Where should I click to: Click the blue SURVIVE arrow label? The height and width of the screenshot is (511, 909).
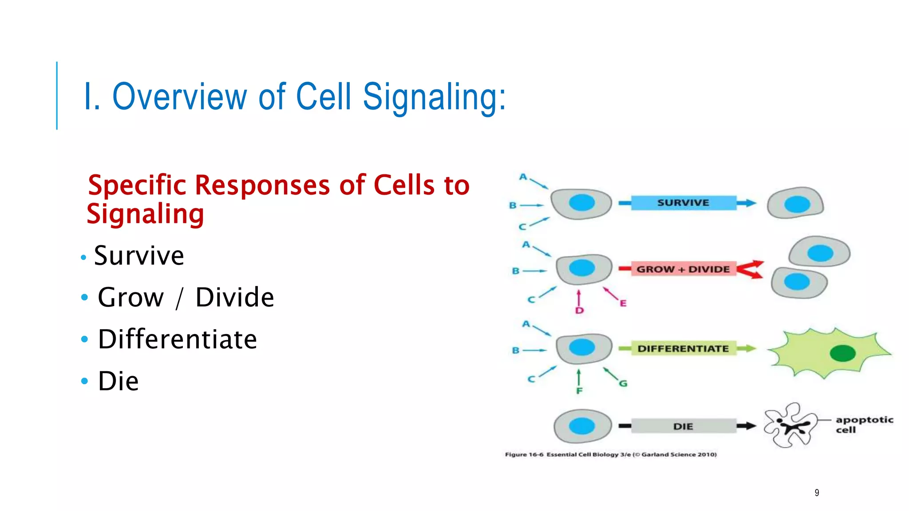point(683,203)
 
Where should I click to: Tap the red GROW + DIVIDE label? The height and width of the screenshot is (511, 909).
point(683,269)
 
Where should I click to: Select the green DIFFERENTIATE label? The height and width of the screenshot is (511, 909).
point(683,349)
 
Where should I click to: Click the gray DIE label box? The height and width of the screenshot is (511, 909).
point(683,426)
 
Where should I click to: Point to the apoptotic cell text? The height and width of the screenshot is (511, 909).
point(864,425)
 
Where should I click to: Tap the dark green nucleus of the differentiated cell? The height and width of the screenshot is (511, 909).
point(842,354)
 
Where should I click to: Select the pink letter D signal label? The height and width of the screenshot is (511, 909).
point(579,311)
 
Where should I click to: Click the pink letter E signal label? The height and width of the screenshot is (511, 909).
point(623,303)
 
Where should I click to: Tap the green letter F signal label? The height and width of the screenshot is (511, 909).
point(579,391)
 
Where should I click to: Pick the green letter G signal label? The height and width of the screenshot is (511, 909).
point(623,383)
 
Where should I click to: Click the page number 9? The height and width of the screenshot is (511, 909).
point(817,493)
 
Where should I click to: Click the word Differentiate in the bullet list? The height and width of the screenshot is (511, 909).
point(178,339)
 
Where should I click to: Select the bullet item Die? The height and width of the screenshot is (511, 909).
point(118,381)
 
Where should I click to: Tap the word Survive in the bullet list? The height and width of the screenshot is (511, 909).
point(139,255)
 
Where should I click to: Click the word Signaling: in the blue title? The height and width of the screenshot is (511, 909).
point(434,97)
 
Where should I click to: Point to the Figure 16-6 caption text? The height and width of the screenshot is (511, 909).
point(611,454)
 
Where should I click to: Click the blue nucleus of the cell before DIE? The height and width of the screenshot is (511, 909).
point(581,426)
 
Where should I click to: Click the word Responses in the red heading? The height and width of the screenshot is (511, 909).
point(262,185)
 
